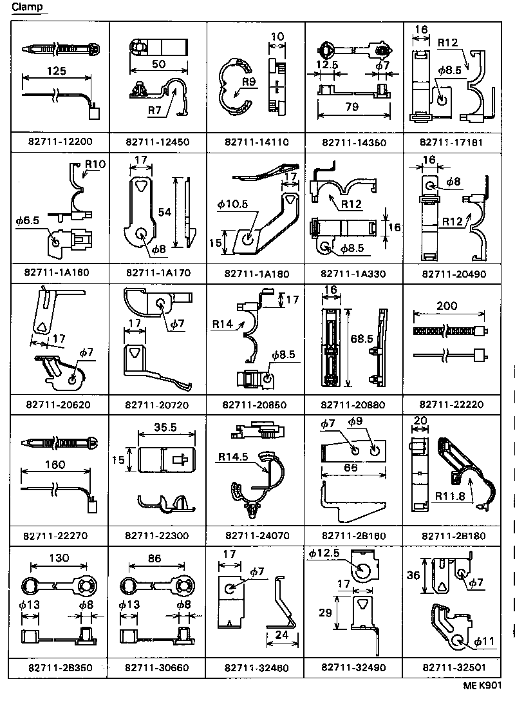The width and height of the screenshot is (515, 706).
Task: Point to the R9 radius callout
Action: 250,82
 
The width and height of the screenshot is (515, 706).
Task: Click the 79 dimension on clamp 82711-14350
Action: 351,107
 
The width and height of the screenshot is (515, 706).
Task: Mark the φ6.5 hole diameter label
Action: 28,220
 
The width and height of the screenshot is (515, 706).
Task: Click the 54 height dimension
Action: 165,212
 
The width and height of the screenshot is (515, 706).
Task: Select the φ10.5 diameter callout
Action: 232,204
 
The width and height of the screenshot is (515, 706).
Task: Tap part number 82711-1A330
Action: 353,273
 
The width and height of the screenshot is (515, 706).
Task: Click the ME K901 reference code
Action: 482,686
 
